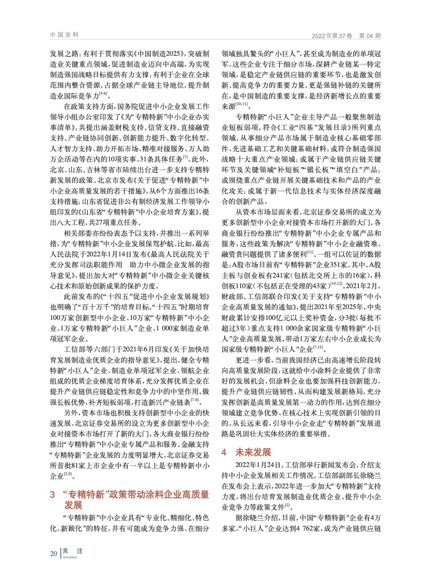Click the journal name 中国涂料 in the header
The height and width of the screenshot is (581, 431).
(64, 35)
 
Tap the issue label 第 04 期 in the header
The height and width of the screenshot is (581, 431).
(370, 36)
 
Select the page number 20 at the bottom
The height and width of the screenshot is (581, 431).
(53, 553)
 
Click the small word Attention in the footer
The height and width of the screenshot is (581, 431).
(70, 557)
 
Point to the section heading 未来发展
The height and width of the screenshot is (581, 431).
(253, 452)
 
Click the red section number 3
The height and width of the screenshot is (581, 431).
(53, 495)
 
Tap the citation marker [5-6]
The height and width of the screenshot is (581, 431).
(103, 94)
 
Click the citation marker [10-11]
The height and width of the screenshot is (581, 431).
(241, 104)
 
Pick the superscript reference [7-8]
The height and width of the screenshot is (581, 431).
(195, 400)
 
